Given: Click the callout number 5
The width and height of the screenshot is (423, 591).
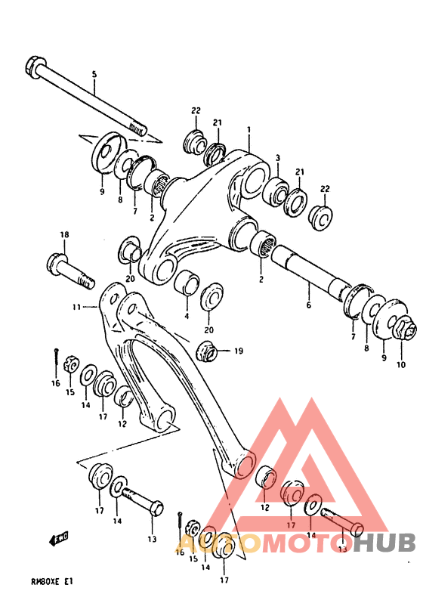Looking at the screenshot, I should [94, 74].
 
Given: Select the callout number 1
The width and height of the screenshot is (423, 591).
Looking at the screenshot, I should [248, 130].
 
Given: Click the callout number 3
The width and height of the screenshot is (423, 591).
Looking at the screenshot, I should [278, 158].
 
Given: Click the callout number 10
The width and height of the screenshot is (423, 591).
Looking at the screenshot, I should [400, 365].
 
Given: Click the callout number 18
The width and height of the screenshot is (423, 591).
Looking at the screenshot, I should [64, 235].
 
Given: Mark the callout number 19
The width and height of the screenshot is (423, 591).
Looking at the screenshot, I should [238, 350].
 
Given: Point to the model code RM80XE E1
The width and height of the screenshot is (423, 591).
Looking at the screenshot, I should [51, 581].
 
